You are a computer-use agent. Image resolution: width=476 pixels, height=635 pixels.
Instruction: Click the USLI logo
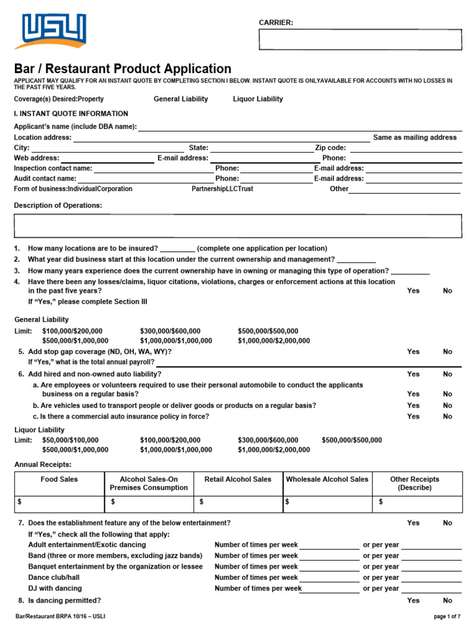tap(54, 32)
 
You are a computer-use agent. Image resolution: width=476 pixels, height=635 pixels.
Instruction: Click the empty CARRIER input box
tap(360, 40)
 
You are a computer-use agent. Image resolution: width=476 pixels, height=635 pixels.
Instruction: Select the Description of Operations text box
tap(237, 226)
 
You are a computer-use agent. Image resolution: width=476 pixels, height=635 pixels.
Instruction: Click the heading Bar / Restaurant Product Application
tap(123, 69)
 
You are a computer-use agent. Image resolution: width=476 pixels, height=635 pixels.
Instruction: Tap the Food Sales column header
tap(59, 479)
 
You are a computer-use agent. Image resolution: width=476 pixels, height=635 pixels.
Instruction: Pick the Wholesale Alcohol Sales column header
tap(327, 479)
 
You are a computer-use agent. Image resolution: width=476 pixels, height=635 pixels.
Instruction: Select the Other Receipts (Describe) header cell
tap(415, 483)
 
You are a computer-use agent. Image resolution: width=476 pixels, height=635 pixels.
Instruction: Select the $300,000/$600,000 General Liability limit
tap(170, 331)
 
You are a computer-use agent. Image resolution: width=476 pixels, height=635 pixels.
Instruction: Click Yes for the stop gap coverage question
tap(413, 352)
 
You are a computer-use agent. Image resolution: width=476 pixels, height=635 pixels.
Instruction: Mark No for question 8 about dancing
tap(447, 600)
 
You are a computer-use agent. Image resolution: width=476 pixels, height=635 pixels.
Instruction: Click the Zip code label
tap(330, 148)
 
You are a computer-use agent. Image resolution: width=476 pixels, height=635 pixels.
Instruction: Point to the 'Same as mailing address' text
tap(415, 138)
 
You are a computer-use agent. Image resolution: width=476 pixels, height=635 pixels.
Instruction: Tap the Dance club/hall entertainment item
tap(56, 577)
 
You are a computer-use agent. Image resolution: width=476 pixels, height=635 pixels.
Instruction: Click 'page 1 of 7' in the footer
tap(447, 616)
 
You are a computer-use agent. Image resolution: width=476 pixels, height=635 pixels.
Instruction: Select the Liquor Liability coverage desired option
tap(258, 99)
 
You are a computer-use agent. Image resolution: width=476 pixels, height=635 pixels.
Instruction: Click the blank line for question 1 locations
tap(177, 249)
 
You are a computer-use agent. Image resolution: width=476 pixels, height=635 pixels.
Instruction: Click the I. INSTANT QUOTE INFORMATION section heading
tap(71, 114)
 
